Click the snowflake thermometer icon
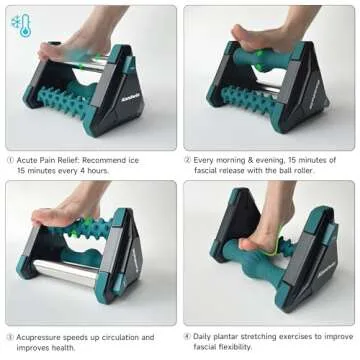pos(20,25)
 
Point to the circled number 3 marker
pos(9,337)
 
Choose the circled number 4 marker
pos(187,337)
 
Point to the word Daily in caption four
pos(206,337)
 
